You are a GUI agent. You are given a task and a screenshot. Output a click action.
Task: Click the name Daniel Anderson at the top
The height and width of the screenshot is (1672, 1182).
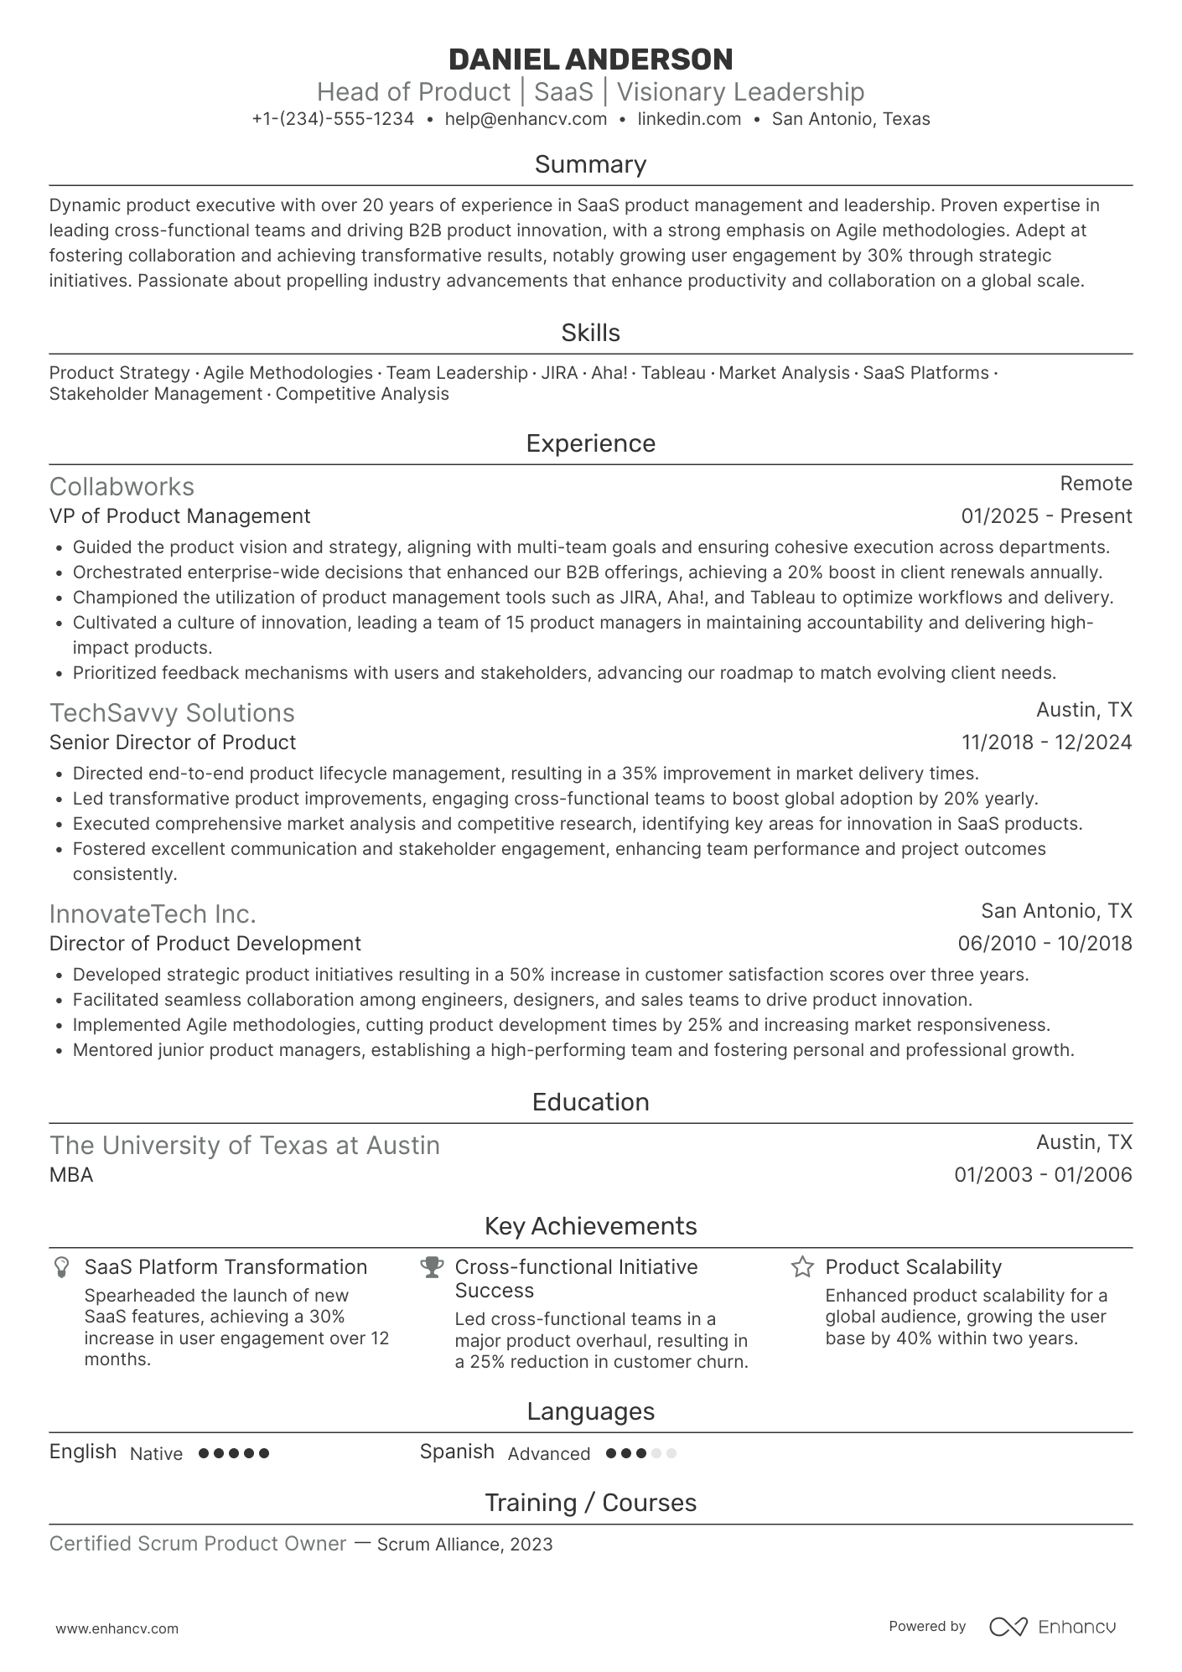pos(590,60)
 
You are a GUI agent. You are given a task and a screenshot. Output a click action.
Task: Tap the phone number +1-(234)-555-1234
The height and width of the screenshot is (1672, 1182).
pos(333,119)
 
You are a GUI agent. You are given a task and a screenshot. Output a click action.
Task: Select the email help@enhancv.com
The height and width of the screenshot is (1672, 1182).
pos(526,119)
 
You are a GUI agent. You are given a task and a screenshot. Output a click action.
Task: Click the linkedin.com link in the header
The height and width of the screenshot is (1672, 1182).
pos(689,119)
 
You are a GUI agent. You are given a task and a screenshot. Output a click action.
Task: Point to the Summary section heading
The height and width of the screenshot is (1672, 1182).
pos(590,164)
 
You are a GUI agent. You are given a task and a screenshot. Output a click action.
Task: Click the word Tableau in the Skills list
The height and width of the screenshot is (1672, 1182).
pos(672,373)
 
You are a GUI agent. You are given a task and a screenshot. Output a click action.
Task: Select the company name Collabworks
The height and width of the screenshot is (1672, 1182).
pos(122,487)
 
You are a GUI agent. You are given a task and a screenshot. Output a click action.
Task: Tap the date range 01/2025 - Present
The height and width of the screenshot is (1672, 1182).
pos(1046,516)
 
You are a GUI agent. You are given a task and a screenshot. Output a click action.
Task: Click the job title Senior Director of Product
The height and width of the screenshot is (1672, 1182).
pos(173,743)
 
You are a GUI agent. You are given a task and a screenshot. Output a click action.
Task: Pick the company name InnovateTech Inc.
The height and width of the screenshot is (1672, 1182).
pos(153,914)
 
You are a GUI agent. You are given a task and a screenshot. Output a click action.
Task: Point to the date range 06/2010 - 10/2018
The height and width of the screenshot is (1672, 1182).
pos(1045,944)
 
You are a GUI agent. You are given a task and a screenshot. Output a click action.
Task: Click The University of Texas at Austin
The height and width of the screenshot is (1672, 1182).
pos(244,1146)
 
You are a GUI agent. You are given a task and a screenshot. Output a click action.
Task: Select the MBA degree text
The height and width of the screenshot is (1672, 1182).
pos(71,1175)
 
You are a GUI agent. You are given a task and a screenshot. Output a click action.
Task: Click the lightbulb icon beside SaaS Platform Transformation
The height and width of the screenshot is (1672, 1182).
pos(61,1267)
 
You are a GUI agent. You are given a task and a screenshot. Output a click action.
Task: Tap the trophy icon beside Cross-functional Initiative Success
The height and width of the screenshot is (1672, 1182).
pos(432,1267)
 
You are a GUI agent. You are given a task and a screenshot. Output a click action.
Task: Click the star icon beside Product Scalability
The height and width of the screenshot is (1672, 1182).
pos(802,1267)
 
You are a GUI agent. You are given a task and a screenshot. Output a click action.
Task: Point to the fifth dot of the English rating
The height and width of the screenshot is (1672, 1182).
pos(265,1453)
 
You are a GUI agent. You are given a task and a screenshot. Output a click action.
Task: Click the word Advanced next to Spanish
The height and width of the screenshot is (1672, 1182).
pos(548,1454)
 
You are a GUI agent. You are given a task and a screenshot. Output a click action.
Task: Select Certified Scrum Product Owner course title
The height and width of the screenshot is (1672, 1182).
pos(198,1544)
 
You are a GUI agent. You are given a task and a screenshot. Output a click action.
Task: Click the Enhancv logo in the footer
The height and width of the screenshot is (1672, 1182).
pos(1052,1627)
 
